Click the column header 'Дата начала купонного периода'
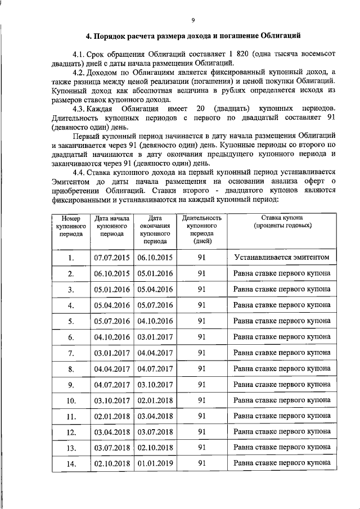coord(112,226)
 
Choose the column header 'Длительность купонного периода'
coord(201,229)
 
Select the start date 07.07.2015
coord(112,258)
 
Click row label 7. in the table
coord(71,353)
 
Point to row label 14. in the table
coord(71,465)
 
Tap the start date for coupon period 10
coord(112,401)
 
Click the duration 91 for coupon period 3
coord(201,289)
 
